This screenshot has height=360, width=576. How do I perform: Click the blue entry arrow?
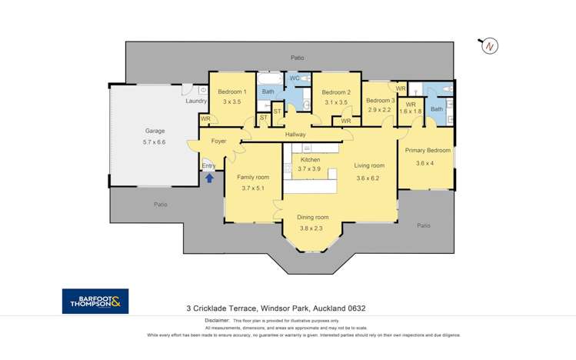[x=209, y=178]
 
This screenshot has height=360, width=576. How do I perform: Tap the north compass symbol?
[x=489, y=46]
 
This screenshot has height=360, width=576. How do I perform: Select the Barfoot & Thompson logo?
[x=95, y=302]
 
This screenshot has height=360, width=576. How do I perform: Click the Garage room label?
[x=155, y=131]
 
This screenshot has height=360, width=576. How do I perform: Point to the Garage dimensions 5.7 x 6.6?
[x=155, y=142]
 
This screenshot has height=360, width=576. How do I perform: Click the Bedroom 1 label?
[x=232, y=92]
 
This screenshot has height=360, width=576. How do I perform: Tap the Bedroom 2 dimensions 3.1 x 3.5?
[x=336, y=102]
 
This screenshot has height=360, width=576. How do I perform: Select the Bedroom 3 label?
[x=381, y=100]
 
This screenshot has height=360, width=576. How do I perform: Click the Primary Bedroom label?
[x=428, y=150]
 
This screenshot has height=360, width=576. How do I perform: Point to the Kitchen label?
[x=311, y=160]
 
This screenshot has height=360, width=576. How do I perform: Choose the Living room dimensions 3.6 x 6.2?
[x=368, y=178]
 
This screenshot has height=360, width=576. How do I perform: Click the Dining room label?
[x=313, y=218]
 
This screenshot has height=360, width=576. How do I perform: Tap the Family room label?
[x=253, y=177]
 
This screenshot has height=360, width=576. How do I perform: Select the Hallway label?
[x=295, y=135]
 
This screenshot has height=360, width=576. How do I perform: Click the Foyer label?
[x=218, y=141]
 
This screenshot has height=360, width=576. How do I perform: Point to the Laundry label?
[x=196, y=101]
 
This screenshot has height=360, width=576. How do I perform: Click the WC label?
[x=295, y=78]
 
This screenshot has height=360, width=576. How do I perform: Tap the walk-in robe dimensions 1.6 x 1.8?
[x=411, y=112]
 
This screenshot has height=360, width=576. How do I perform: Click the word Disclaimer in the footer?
[x=217, y=320]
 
